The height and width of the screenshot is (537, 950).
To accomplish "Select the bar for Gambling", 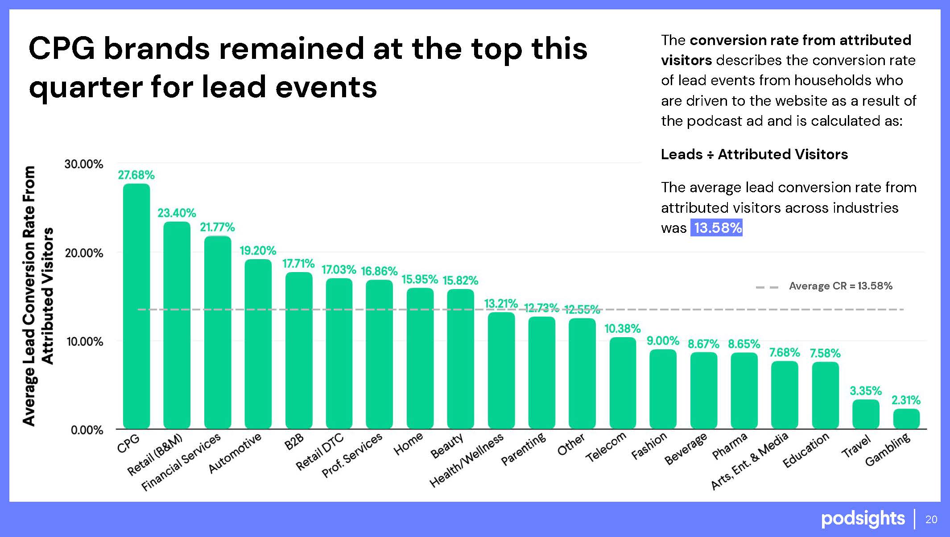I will (906, 419).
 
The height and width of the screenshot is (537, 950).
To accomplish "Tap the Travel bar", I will (866, 414).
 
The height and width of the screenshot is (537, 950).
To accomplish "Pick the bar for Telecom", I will (623, 383).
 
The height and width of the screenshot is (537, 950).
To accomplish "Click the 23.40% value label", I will (177, 213).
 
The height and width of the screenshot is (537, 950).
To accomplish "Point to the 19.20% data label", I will (258, 251).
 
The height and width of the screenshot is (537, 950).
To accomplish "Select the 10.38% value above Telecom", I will (622, 329).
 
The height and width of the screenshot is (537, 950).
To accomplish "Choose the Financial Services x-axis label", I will (181, 462).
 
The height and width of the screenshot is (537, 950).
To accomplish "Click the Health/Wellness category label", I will (466, 460).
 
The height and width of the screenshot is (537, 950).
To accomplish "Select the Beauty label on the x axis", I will (447, 446).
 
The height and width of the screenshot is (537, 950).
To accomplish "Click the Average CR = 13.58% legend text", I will (840, 286).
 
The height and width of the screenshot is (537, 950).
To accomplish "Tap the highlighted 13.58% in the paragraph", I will (717, 228).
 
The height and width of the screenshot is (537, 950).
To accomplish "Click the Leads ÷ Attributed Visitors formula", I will (754, 154).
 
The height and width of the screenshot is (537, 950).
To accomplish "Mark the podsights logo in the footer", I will (863, 519).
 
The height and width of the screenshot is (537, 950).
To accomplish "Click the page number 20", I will (931, 519).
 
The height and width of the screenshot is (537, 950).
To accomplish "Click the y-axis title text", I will (38, 296).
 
